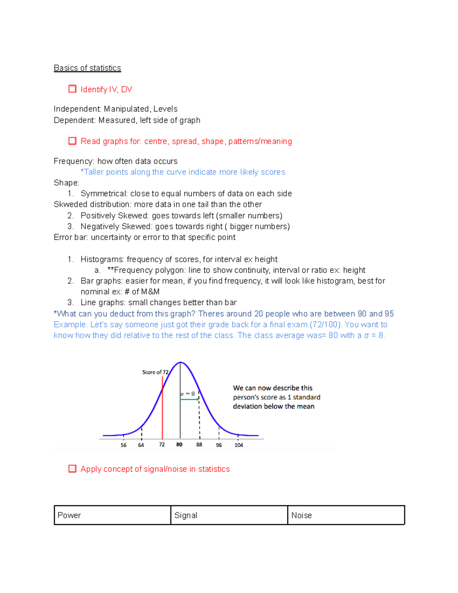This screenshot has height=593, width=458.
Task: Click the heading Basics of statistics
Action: coord(87,68)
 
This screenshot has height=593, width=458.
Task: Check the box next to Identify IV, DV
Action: coord(72,89)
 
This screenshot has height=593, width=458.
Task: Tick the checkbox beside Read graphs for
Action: coord(72,141)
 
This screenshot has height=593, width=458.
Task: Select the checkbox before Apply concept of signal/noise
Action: coord(72,469)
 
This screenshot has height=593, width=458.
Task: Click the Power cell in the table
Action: coord(112,515)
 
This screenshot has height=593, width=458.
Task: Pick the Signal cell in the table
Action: coord(229,515)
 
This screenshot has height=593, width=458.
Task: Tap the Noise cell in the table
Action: coord(346,515)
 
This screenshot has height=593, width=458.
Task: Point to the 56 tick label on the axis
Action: coord(123,445)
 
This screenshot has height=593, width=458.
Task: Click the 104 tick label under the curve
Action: coord(239,445)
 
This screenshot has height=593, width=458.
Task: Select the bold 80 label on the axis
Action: coord(179,445)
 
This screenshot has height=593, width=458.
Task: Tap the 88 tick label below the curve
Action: coord(199,445)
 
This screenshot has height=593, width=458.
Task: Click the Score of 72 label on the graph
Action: coord(155,372)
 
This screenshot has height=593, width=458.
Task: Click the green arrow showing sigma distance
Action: coord(189,399)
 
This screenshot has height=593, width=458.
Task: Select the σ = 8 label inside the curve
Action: coord(188,394)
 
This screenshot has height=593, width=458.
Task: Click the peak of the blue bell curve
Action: coord(181,362)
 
